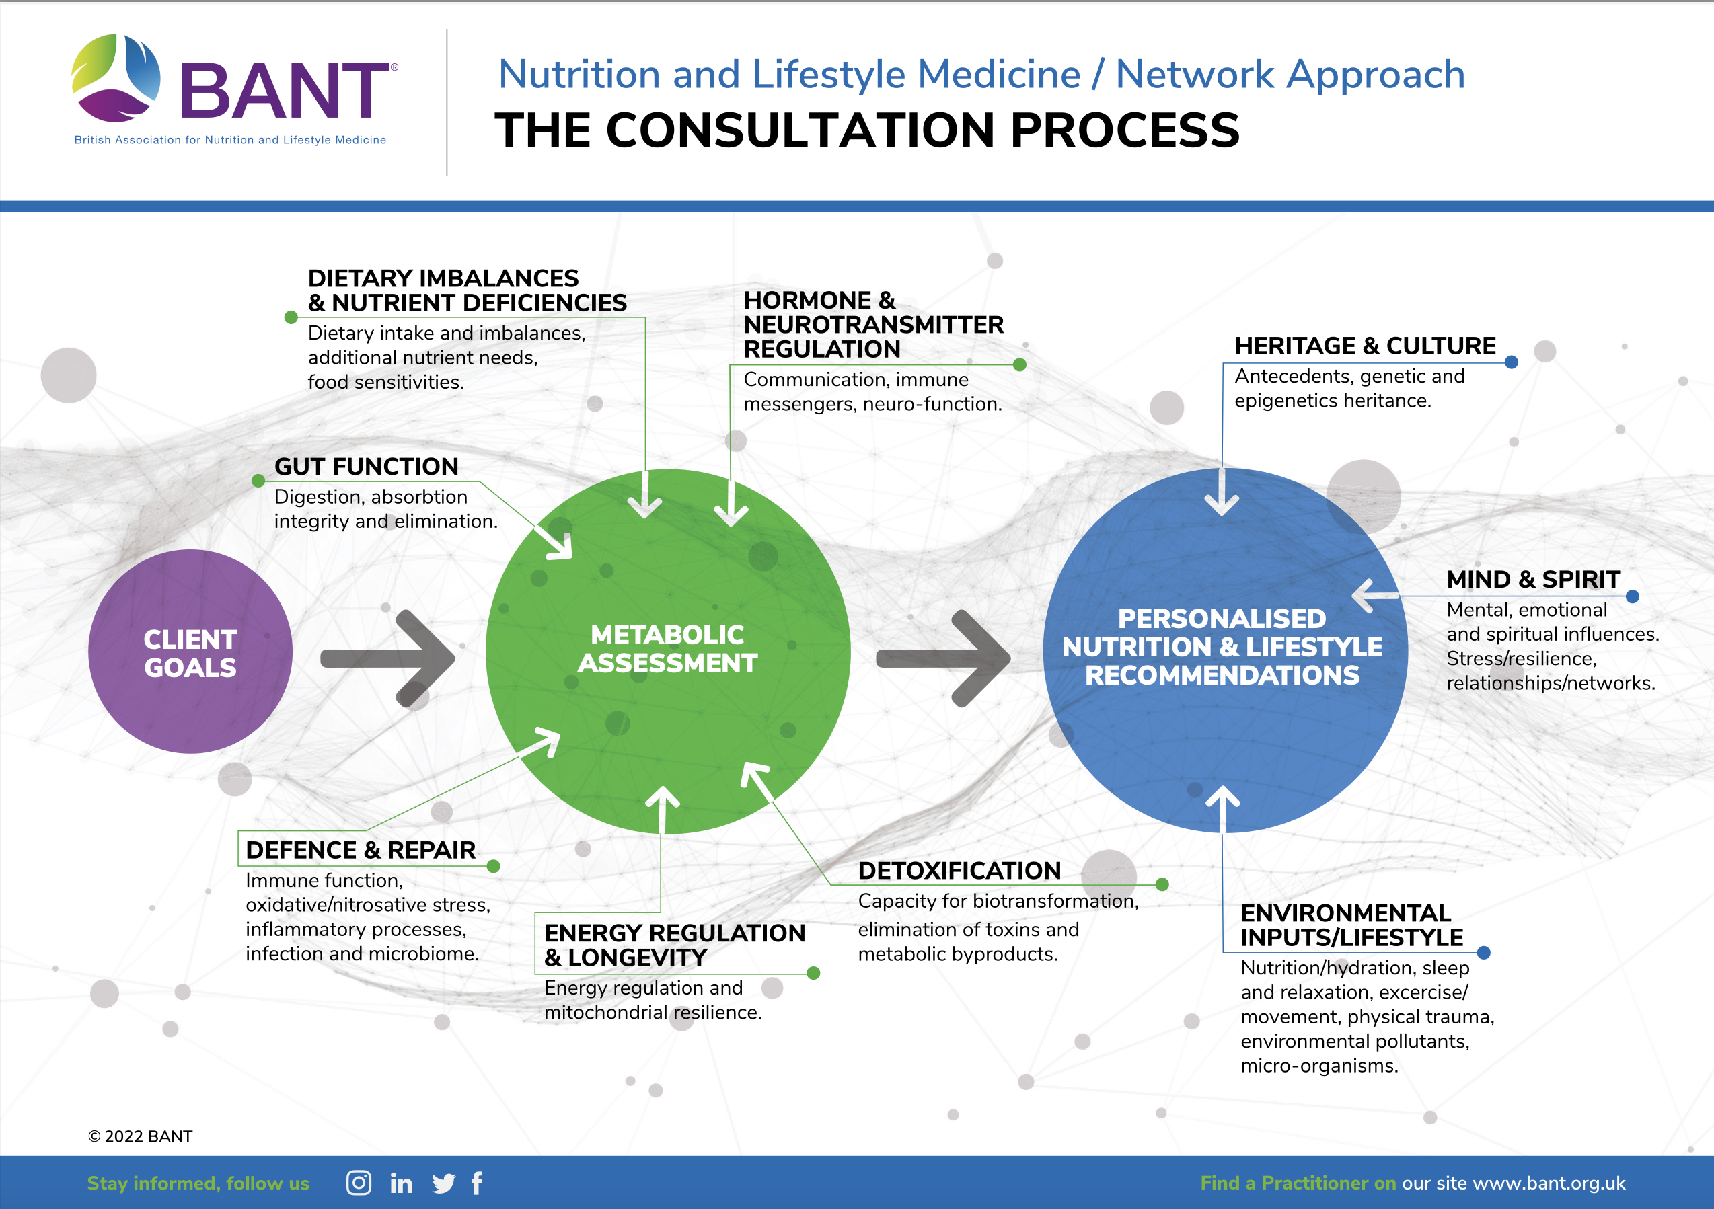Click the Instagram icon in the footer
359,1183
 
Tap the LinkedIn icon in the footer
401,1183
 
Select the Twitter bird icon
443,1183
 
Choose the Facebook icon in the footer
477,1183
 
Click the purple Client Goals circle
190,652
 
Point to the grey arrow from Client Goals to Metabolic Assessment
388,658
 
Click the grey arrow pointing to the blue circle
944,658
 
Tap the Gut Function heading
366,467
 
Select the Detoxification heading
959,870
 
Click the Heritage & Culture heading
1365,346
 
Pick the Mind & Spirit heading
1532,579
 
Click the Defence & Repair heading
361,850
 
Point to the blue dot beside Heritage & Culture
1512,362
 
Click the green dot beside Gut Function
258,481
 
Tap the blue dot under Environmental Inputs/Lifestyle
1484,952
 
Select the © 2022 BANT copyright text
140,1136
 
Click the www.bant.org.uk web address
1549,1183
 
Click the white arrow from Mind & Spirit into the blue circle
1375,596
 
